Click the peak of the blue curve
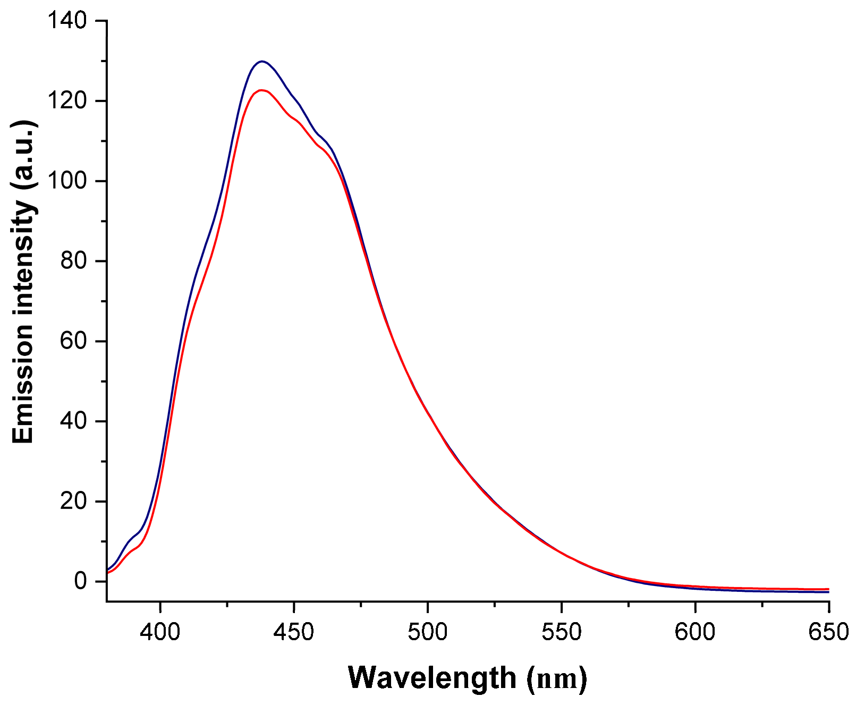tap(261, 61)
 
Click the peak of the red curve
tap(261, 90)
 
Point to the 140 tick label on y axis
tap(66, 21)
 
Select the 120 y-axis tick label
tap(66, 101)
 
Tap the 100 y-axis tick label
tap(66, 181)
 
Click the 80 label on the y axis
tap(73, 261)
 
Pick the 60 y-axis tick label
tap(73, 341)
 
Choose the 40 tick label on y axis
tap(73, 421)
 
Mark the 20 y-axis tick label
tap(73, 502)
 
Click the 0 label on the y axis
tap(80, 581)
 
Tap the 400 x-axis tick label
tap(160, 632)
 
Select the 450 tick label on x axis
tap(294, 632)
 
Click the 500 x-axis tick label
tap(428, 632)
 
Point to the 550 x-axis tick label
tap(561, 632)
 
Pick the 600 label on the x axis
tap(695, 632)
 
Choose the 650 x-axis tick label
tap(828, 632)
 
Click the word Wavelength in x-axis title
tap(432, 678)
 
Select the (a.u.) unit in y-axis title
tap(23, 154)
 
